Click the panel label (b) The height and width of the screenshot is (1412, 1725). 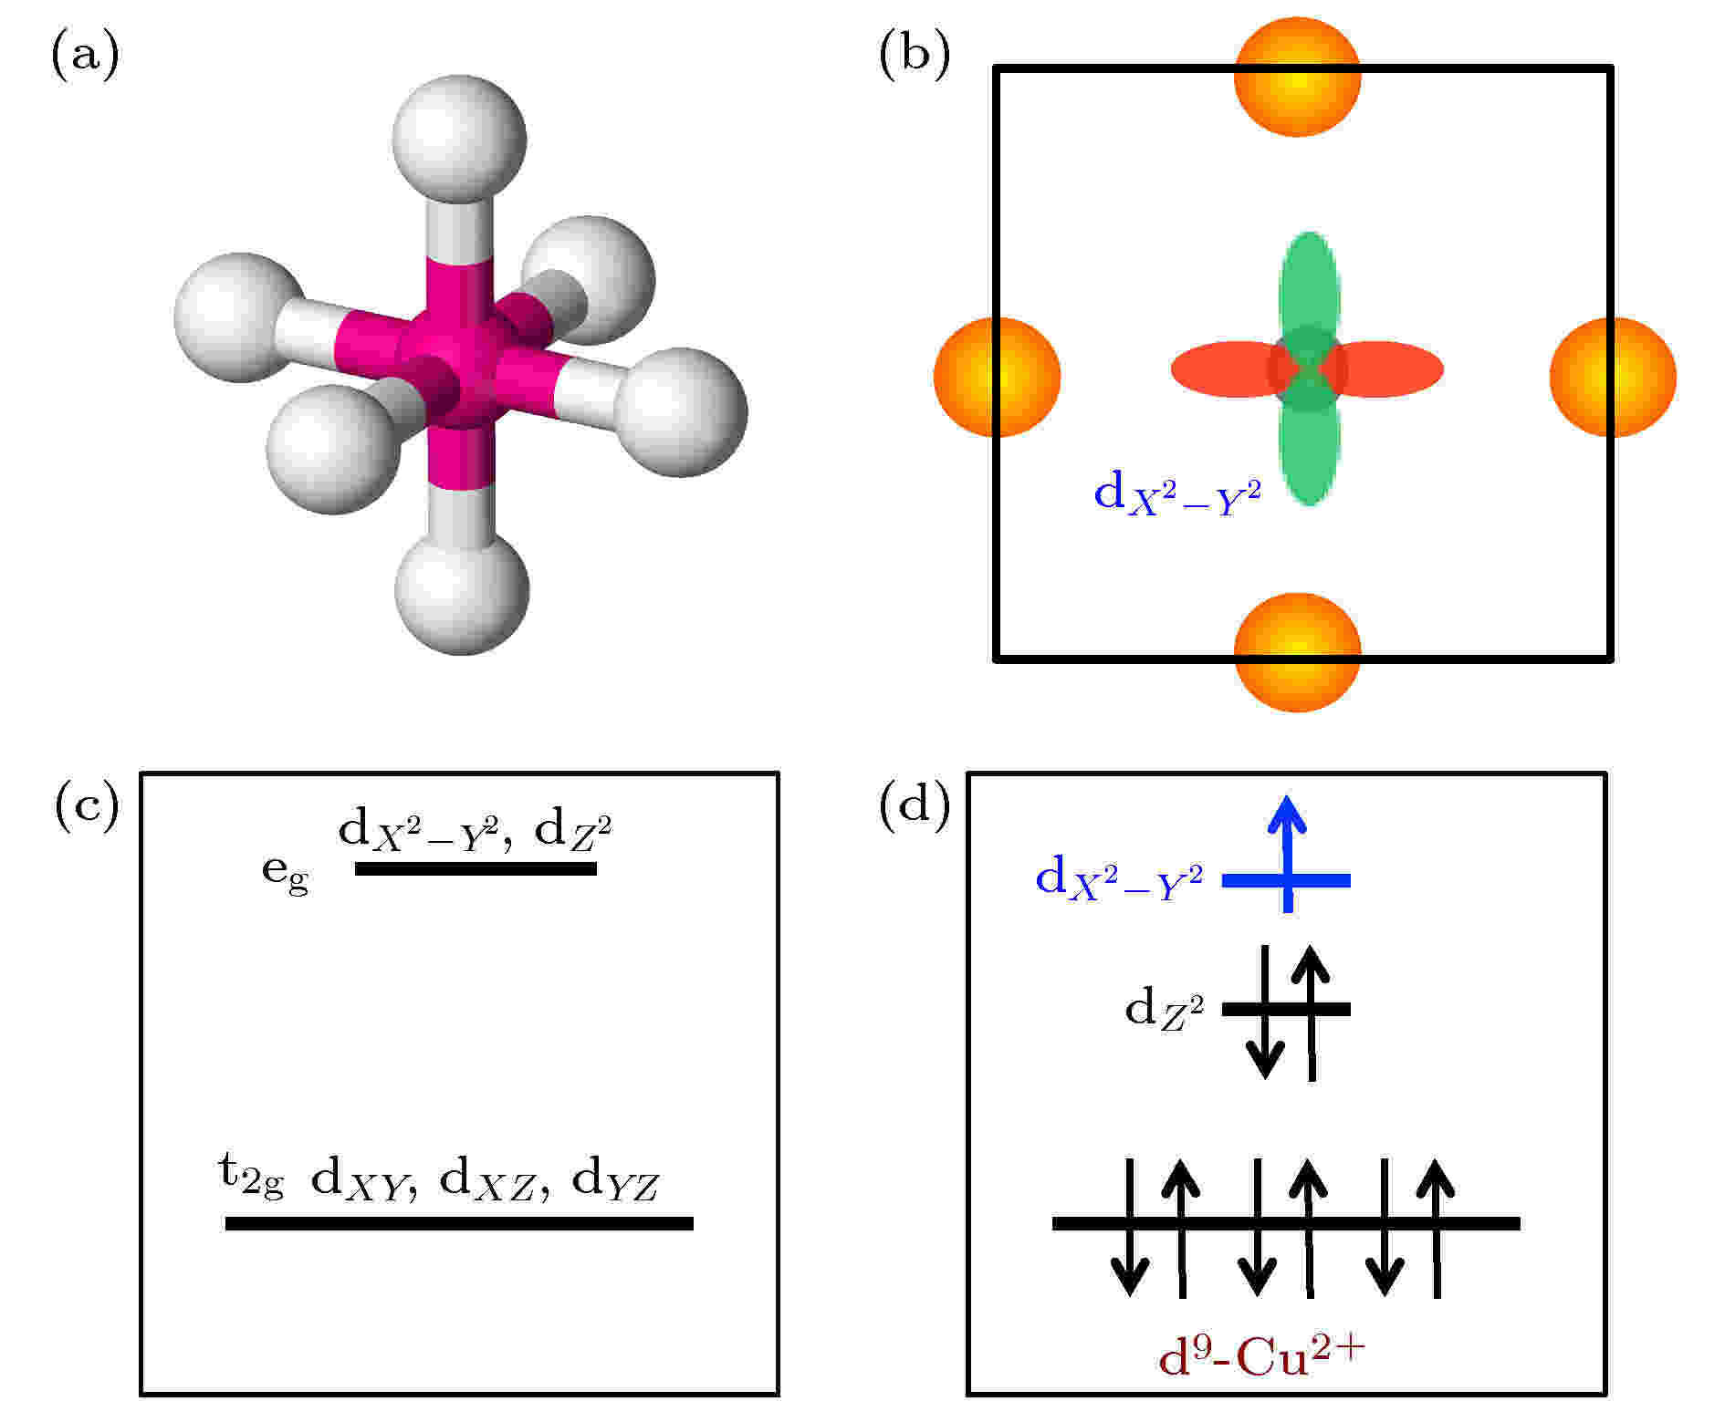pyautogui.click(x=915, y=57)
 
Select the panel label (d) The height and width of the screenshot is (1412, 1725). pyautogui.click(x=915, y=809)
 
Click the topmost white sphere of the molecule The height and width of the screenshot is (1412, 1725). pyautogui.click(x=459, y=138)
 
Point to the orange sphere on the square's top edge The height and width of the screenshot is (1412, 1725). pyautogui.click(x=1297, y=77)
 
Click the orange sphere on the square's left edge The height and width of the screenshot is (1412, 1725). pyautogui.click(x=997, y=376)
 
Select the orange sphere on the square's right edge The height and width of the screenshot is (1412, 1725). pyautogui.click(x=1613, y=376)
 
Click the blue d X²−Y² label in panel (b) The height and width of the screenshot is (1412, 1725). pyautogui.click(x=1177, y=495)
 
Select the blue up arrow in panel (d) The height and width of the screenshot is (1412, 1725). pyautogui.click(x=1288, y=853)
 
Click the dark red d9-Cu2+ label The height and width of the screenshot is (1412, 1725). pyautogui.click(x=1261, y=1356)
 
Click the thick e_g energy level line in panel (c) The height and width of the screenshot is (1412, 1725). pyautogui.click(x=476, y=868)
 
